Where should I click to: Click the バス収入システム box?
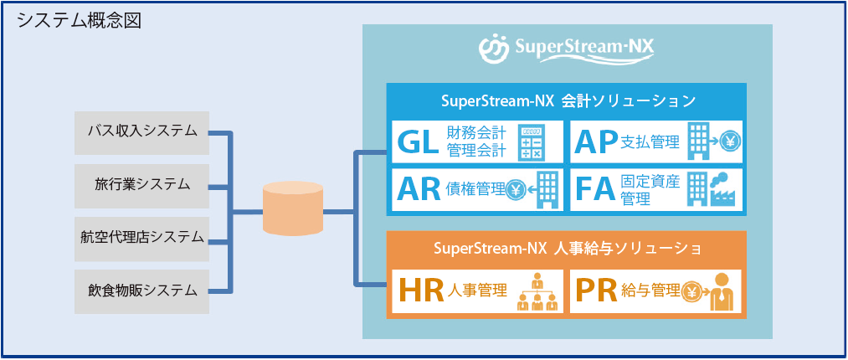(x=141, y=131)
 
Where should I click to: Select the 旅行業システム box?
(x=141, y=184)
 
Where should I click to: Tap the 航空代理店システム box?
(x=141, y=238)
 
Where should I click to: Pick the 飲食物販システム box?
(x=141, y=291)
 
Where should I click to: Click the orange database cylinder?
(x=292, y=209)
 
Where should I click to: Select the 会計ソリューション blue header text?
(x=568, y=101)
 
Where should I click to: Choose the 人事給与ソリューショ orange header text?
(x=568, y=249)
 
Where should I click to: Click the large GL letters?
(x=419, y=143)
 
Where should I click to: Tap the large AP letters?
(x=596, y=143)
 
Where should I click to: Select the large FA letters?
(x=596, y=190)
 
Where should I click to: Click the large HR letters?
(x=421, y=291)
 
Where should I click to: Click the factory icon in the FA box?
(x=722, y=190)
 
